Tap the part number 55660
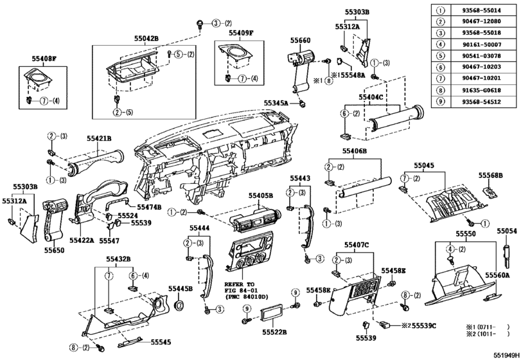click(300, 39)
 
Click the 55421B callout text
click(100, 138)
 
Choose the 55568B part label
click(490, 175)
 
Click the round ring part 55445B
click(181, 304)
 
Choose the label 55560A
click(497, 274)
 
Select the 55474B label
click(149, 206)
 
